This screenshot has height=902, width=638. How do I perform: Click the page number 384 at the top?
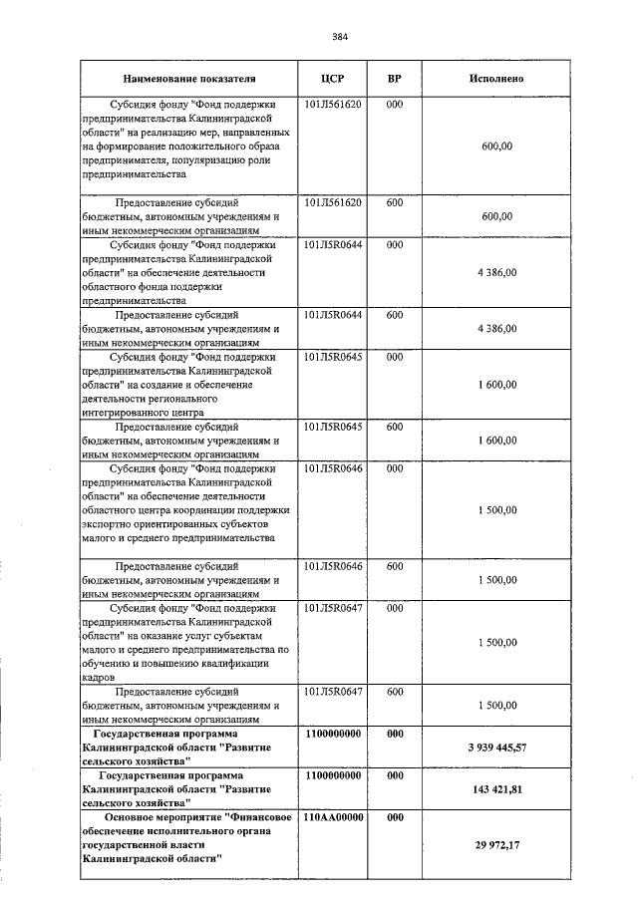(338, 38)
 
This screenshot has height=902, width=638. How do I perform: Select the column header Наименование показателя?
(189, 78)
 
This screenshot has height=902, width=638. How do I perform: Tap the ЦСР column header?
(333, 78)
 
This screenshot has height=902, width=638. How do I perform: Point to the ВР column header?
(395, 78)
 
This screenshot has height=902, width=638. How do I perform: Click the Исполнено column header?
(496, 78)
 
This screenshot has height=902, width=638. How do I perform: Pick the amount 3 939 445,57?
(496, 747)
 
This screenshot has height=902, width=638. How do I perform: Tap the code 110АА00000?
(333, 817)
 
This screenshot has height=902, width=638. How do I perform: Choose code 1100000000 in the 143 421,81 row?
(333, 774)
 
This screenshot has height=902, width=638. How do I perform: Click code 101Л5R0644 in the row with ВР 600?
(333, 315)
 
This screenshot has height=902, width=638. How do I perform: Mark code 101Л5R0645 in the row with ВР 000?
(333, 357)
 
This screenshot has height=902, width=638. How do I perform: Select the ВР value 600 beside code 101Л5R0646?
(395, 566)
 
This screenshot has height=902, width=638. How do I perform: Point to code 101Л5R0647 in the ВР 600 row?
(333, 691)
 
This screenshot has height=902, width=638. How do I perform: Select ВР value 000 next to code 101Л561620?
(395, 104)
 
